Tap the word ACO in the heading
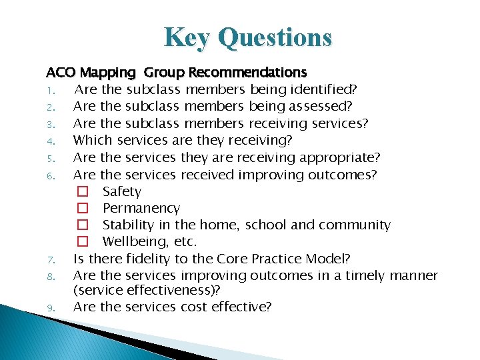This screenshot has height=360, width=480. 59,72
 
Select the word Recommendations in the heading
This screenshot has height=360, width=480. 248,72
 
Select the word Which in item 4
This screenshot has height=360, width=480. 93,140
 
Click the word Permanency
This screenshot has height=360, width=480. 141,209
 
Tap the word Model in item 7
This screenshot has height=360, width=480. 330,259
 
